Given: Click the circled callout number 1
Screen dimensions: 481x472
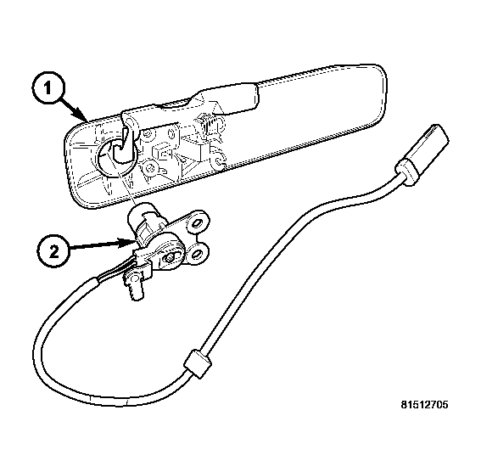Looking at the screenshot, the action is tap(48, 88).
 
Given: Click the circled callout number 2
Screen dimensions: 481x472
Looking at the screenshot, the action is tap(53, 252).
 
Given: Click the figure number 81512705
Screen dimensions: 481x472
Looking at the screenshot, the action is tap(424, 405).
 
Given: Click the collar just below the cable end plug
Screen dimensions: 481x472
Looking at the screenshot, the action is tap(407, 171).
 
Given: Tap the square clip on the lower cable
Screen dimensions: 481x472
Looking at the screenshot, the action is tap(198, 363).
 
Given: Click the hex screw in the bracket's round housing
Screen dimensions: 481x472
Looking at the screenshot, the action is tap(171, 257).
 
